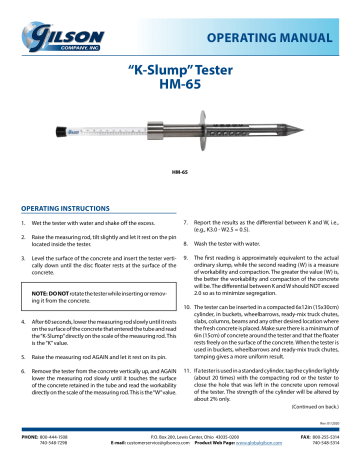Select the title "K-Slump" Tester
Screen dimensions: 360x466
pyautogui.click(x=180, y=72)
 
